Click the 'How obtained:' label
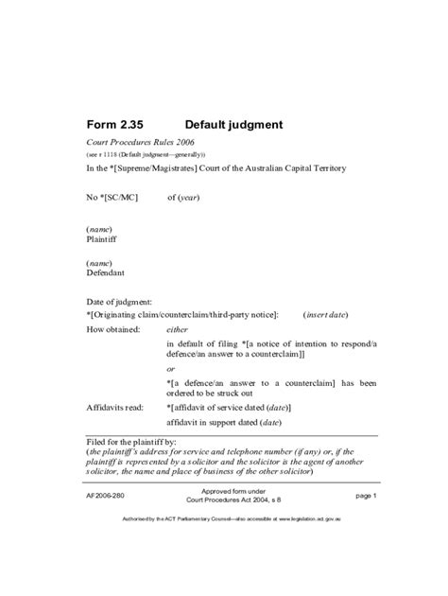coord(114,329)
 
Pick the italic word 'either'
coord(178,329)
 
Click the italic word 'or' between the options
coord(171,369)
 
